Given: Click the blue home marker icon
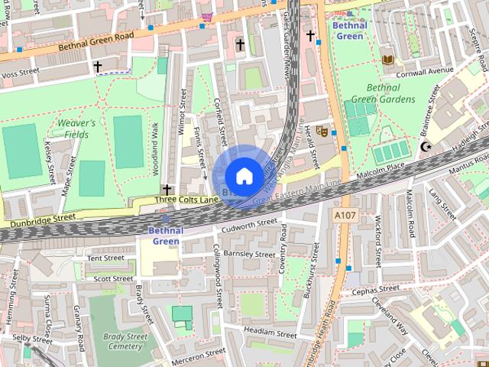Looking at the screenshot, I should [x=244, y=176].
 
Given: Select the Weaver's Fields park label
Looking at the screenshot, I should [x=76, y=128].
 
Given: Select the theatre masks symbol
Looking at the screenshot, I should [x=322, y=131].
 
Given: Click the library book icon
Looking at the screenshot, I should [x=388, y=59].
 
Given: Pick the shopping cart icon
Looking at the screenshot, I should [x=206, y=16].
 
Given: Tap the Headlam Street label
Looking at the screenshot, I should [x=270, y=334].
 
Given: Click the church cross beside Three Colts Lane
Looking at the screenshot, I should [x=167, y=189].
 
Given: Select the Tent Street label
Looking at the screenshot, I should [x=105, y=258].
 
